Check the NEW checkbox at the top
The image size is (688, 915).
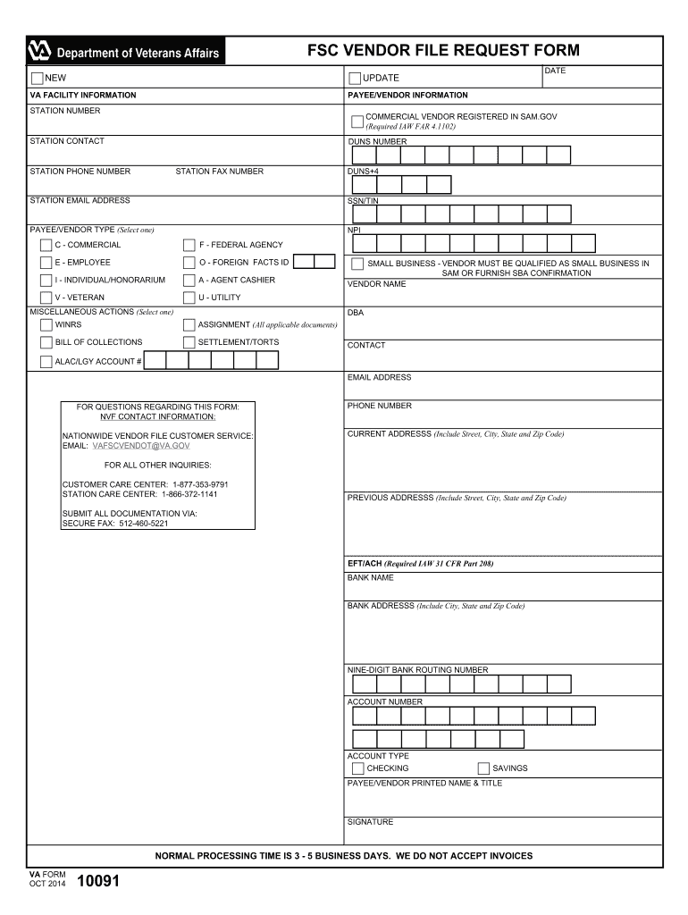[x=37, y=78]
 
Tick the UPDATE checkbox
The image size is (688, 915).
[x=355, y=79]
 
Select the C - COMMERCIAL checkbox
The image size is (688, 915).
[x=46, y=245]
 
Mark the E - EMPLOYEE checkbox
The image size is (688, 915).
[x=46, y=263]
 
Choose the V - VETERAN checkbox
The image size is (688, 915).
[x=46, y=298]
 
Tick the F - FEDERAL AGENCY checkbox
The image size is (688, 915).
[x=189, y=245]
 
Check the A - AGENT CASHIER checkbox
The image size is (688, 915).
[x=189, y=281]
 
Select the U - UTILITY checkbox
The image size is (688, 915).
[x=189, y=298]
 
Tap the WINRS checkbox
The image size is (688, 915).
[x=46, y=325]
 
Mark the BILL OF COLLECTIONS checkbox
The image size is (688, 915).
[x=46, y=342]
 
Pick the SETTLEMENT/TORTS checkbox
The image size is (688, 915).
[x=189, y=342]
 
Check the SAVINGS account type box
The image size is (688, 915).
[x=483, y=768]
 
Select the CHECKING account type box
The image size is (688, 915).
[x=357, y=768]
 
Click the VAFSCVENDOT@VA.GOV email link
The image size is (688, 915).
[x=141, y=445]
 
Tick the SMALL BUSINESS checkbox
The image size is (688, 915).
[x=357, y=264]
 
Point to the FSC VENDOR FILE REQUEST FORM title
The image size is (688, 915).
[x=443, y=51]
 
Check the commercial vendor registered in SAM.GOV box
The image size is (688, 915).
[x=357, y=121]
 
